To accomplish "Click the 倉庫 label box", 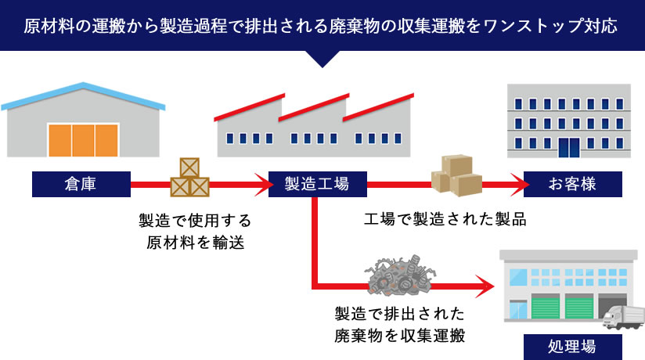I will click(81, 185).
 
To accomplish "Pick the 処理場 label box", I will click(572, 346).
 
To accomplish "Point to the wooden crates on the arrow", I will click(189, 178).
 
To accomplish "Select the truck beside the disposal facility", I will click(622, 317).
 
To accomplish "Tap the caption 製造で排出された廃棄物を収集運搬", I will click(399, 326).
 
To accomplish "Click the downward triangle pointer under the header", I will click(322, 59).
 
